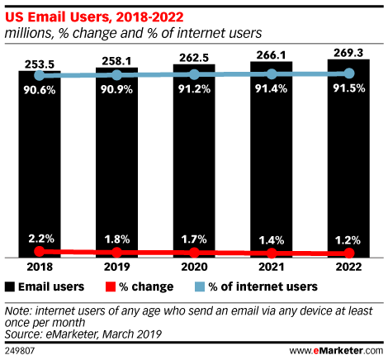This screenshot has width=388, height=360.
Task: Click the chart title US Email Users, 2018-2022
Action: point(94,17)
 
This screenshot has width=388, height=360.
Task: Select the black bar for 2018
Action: point(40,164)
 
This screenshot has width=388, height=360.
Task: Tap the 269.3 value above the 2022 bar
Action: point(348,53)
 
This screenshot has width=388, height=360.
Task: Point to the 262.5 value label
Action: point(194,58)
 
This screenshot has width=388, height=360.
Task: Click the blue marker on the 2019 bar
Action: point(117,75)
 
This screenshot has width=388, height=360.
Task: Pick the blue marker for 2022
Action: point(349,73)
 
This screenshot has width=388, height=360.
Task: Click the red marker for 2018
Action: point(40,251)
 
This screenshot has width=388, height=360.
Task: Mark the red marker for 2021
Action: point(272,253)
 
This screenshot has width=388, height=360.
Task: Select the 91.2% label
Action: point(194,89)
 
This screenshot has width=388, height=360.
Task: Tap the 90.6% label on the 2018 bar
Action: point(40,90)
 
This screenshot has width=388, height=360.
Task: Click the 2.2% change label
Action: point(41,239)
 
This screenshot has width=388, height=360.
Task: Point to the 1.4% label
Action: point(272,240)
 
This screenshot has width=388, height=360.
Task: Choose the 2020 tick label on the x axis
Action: point(194,267)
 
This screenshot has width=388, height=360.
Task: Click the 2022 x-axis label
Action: point(348,267)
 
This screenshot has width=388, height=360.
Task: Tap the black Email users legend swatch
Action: point(10,287)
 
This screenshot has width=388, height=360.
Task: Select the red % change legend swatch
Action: point(111,287)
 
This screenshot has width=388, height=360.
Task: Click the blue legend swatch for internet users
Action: point(200,287)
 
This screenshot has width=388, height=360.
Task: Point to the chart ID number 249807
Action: point(20,351)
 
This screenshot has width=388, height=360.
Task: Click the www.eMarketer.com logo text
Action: point(336,351)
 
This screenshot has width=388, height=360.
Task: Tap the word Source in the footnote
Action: point(23,334)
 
